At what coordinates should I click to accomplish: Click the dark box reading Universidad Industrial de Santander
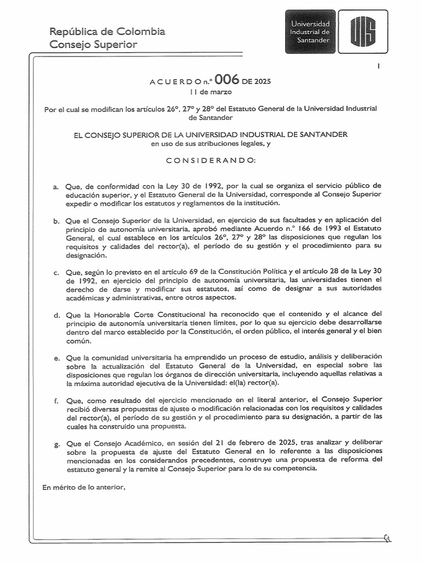[310, 32]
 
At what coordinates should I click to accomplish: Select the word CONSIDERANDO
[210, 159]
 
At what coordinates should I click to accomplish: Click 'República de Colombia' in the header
[107, 31]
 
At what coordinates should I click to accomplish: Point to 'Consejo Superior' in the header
[93, 44]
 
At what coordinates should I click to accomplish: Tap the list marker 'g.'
[56, 442]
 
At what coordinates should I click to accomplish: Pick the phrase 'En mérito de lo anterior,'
[84, 486]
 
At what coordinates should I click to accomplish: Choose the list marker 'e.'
[56, 357]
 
